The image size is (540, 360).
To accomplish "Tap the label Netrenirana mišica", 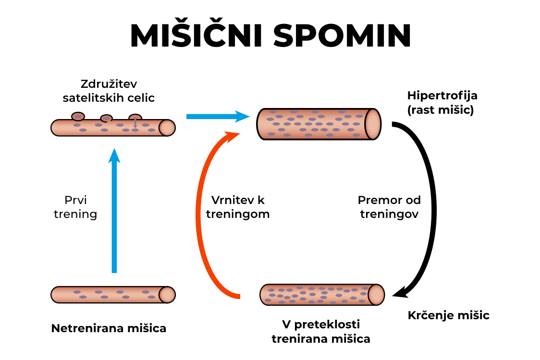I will [109, 329].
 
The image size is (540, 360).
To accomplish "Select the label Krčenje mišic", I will [448, 315].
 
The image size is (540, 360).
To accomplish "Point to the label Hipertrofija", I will [442, 96].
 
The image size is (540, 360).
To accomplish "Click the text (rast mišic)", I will [440, 110].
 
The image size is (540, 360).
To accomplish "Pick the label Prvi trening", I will [75, 207].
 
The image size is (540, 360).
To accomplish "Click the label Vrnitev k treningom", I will [238, 207].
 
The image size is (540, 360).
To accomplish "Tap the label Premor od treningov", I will [389, 207].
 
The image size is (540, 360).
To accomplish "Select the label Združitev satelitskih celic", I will [109, 91].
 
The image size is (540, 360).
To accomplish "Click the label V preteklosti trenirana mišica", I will [321, 331].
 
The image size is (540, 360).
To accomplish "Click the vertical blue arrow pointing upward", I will [114, 211].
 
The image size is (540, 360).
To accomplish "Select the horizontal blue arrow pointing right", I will [217, 116].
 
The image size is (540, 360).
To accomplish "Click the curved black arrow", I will [430, 211].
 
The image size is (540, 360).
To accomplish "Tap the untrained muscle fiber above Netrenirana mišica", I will [112, 294].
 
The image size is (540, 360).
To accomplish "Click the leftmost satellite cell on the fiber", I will [78, 116].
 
